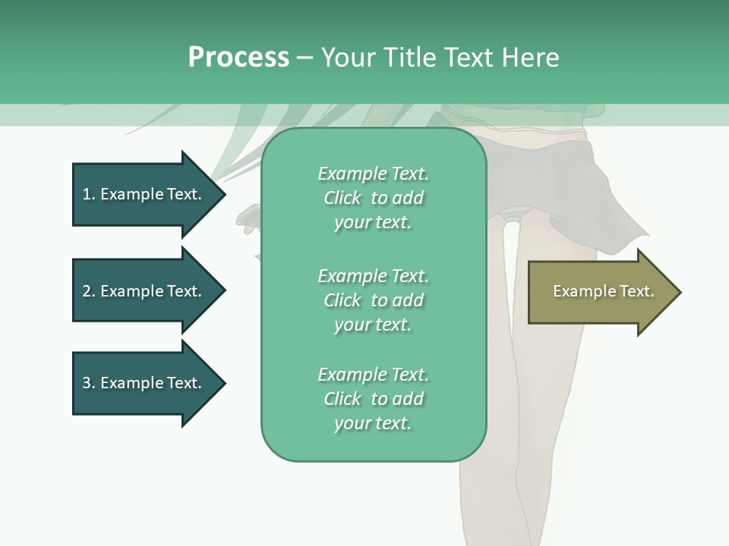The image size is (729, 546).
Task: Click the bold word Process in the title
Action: (238, 57)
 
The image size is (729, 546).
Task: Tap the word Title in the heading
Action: (409, 57)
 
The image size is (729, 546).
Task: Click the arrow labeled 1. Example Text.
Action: (144, 194)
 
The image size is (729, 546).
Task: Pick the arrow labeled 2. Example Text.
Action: (144, 291)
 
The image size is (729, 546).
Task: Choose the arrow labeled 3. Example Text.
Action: (144, 383)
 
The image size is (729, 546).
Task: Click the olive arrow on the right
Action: (600, 292)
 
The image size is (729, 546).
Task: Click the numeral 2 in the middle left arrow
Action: (87, 291)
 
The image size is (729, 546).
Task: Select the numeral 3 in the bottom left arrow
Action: (87, 383)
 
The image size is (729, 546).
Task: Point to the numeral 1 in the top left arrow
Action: (87, 194)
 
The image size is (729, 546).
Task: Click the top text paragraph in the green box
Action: (373, 198)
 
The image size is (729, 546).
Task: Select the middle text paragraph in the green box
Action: (373, 300)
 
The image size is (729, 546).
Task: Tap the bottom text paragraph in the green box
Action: (373, 399)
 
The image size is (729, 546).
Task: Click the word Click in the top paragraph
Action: (342, 198)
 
